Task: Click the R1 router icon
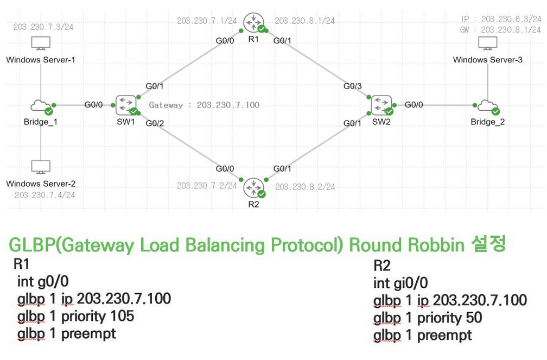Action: tap(251, 22)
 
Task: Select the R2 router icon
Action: tap(251, 187)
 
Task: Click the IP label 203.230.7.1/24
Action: tap(207, 21)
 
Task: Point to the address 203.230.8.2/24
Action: tap(305, 187)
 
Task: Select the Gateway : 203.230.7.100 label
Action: tap(204, 105)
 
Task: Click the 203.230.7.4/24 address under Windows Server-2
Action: tap(44, 195)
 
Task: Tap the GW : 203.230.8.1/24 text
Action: tap(500, 30)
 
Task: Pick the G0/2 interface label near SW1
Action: tap(155, 124)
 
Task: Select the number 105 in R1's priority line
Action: tap(121, 315)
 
